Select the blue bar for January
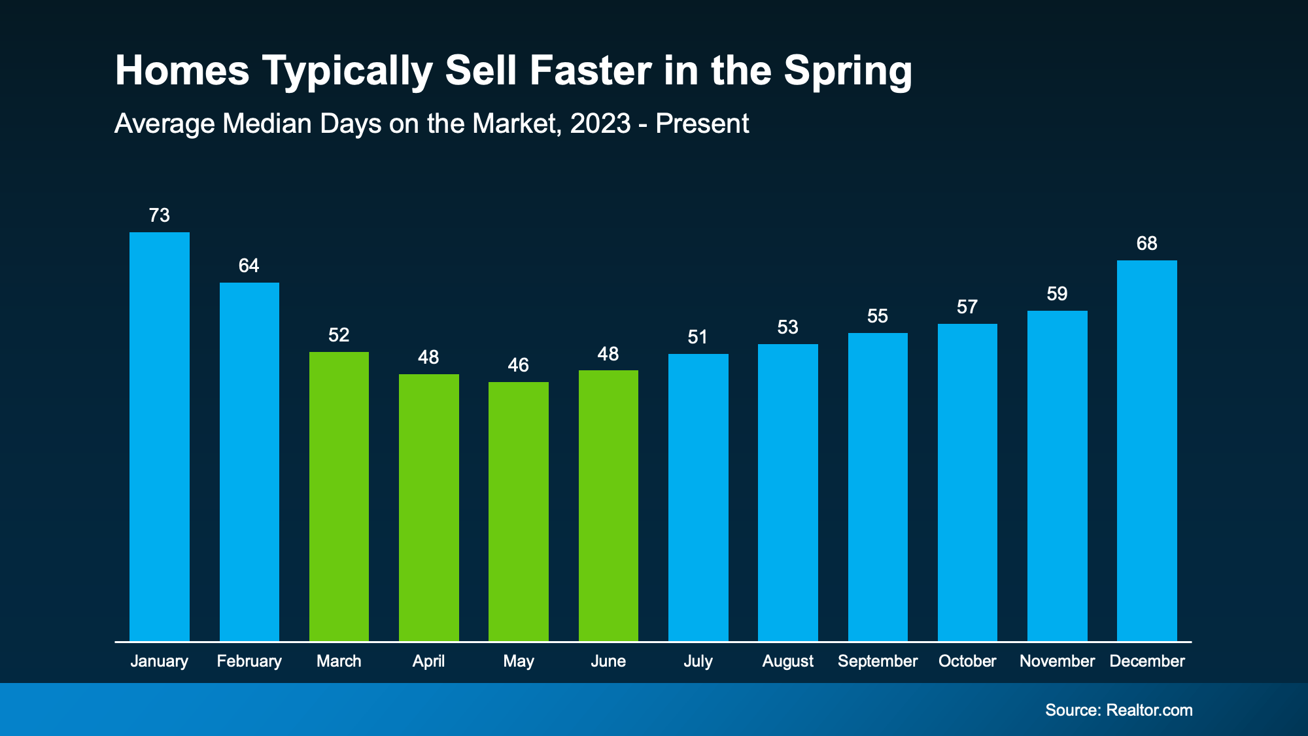[160, 436]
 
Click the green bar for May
[519, 511]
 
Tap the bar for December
[1146, 450]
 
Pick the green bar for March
[339, 496]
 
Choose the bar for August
[787, 492]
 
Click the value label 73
[160, 215]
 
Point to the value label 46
[519, 365]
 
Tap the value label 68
[1146, 243]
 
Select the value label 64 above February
[249, 266]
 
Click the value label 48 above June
[608, 354]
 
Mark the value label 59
[1057, 294]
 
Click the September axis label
[878, 661]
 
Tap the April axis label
[428, 661]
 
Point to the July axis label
[698, 661]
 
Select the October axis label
[967, 661]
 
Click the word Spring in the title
[848, 71]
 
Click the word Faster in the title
[591, 70]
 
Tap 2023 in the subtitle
[600, 124]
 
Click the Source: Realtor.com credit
[1118, 710]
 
